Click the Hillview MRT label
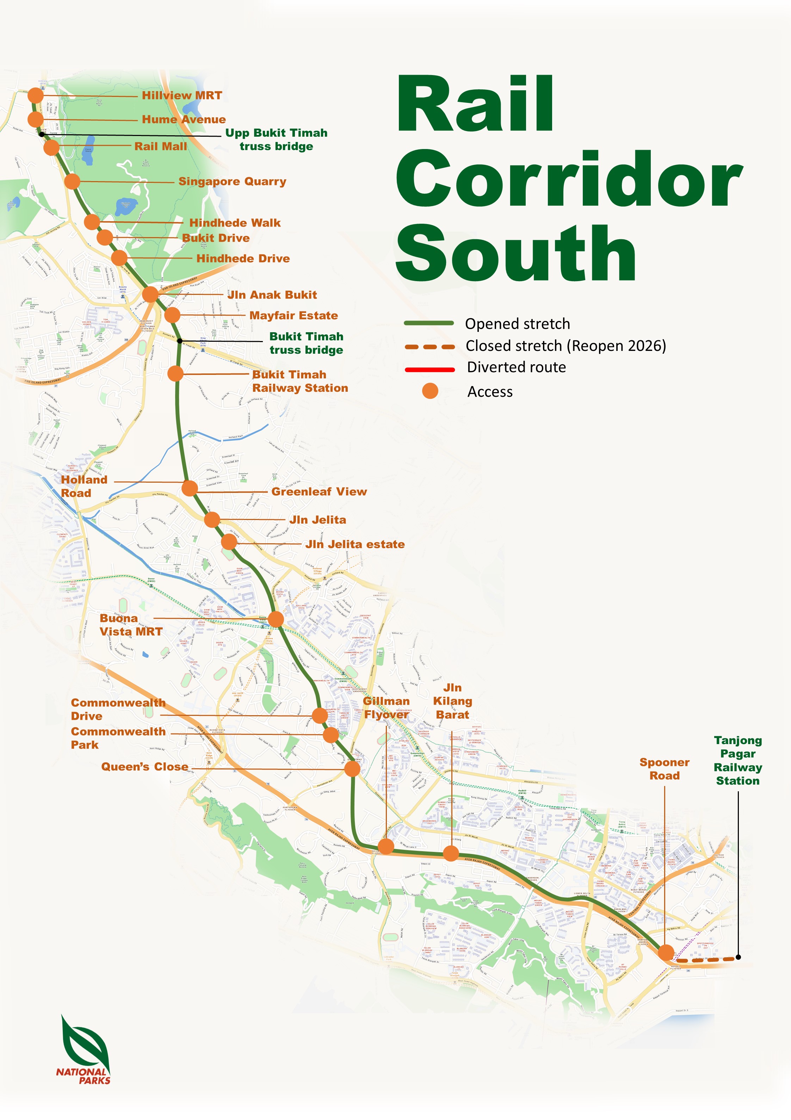coord(181,95)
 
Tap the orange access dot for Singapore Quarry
coord(72,181)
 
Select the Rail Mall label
coord(161,146)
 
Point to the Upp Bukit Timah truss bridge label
coord(276,140)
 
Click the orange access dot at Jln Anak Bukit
coord(150,294)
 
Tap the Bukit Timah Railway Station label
coord(299,381)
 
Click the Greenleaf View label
coord(319,492)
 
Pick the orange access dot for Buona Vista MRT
coord(276,619)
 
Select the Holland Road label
coord(84,486)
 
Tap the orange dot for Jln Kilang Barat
coord(451,853)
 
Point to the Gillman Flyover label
coord(387,708)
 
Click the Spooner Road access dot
coord(666,952)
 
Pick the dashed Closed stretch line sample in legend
coord(430,347)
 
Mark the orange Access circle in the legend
coord(430,391)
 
